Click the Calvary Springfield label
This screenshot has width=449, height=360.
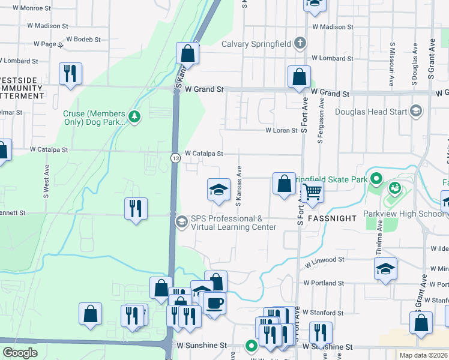pyautogui.click(x=256, y=44)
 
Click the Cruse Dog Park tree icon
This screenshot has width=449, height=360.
pyautogui.click(x=134, y=116)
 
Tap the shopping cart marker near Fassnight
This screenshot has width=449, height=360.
pyautogui.click(x=312, y=192)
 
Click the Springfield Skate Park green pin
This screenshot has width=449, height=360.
pyautogui.click(x=376, y=179)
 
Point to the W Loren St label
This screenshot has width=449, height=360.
pyautogui.click(x=282, y=130)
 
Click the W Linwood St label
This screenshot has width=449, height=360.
pyautogui.click(x=324, y=261)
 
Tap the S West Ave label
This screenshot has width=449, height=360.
pyautogui.click(x=46, y=187)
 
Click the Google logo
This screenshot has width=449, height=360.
pyautogui.click(x=20, y=353)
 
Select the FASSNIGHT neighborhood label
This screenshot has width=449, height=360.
pyautogui.click(x=332, y=218)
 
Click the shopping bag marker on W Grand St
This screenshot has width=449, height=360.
pyautogui.click(x=298, y=77)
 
